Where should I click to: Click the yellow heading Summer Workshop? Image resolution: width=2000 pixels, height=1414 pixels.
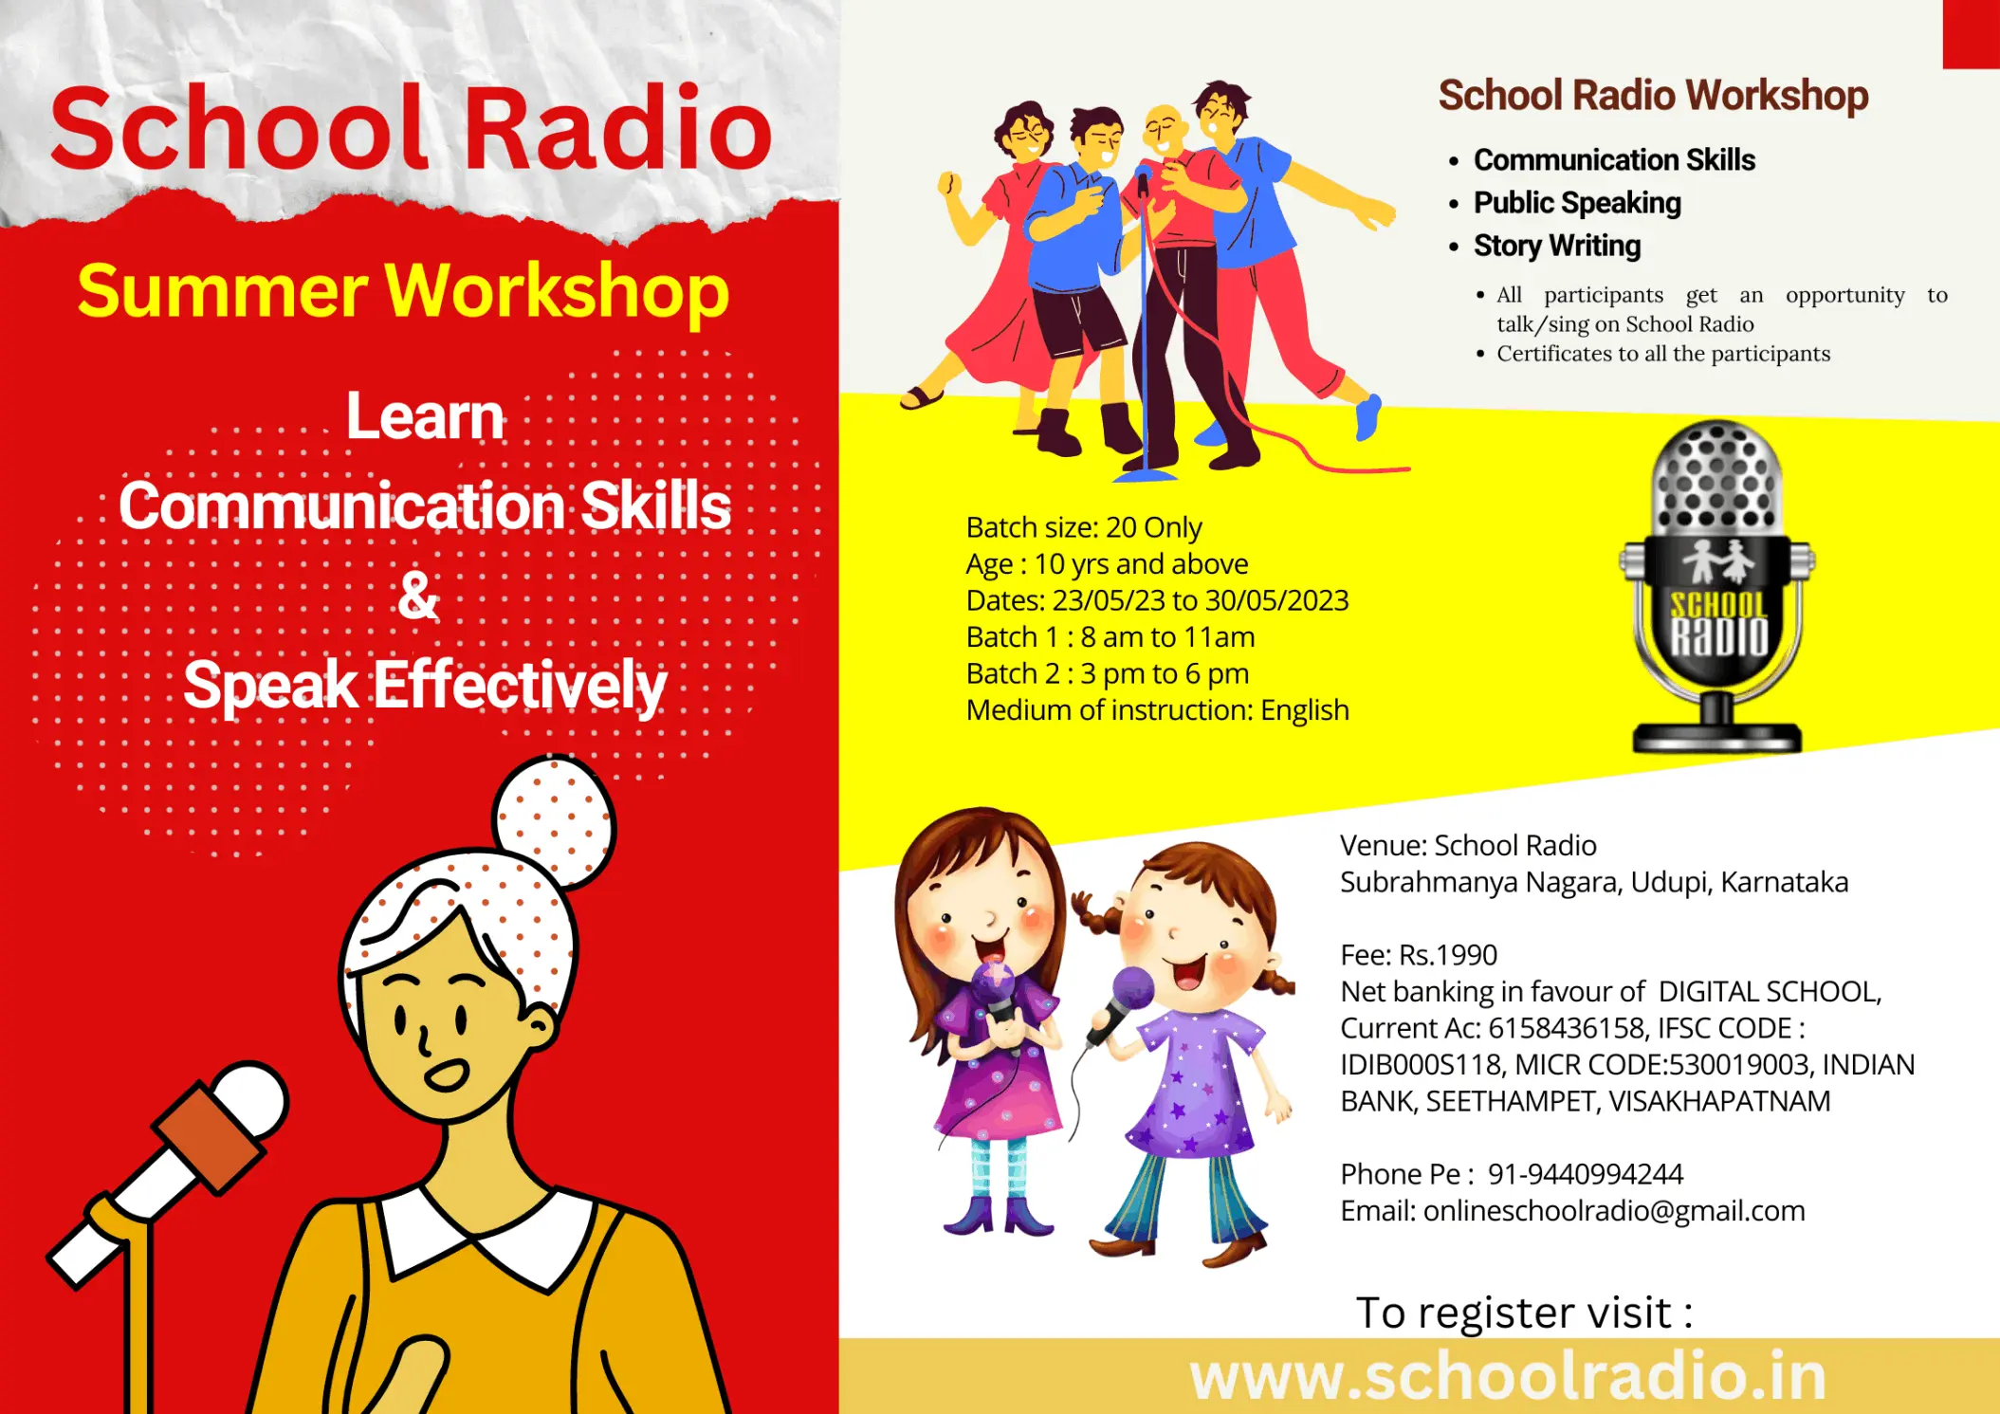(x=403, y=292)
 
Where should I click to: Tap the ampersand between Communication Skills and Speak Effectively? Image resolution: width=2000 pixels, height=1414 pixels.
(x=418, y=596)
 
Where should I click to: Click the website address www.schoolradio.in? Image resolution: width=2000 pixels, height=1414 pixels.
(x=1508, y=1376)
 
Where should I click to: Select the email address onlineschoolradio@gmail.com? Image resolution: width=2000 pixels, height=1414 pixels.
(x=1614, y=1211)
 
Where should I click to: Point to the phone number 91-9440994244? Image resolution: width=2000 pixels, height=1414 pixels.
(x=1586, y=1174)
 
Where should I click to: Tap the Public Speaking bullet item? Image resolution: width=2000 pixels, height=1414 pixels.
(x=1577, y=203)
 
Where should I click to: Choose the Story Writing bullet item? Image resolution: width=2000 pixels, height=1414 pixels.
(x=1557, y=247)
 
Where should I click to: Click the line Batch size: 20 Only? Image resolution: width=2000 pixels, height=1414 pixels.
(x=1084, y=527)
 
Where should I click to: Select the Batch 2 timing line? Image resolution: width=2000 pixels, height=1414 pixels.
(x=1108, y=673)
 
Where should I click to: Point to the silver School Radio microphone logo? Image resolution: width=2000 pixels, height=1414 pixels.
(x=1717, y=586)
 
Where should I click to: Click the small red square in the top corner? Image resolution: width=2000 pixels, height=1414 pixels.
(x=1972, y=34)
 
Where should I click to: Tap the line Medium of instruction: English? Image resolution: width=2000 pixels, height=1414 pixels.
(x=1158, y=710)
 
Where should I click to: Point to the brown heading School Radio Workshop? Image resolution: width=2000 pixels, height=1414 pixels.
(x=1654, y=96)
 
